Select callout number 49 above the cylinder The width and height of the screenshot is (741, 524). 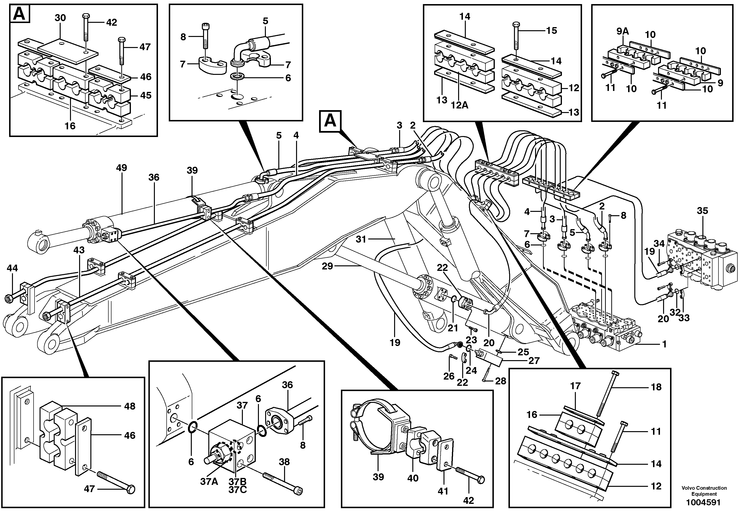122,168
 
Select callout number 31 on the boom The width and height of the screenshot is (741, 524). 361,239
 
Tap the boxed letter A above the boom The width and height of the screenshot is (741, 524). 330,121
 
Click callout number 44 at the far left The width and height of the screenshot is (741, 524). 12,268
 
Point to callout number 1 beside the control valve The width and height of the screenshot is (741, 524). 664,344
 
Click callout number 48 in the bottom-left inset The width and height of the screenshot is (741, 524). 130,406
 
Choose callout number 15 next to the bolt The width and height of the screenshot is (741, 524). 552,30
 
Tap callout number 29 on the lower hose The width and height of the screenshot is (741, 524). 327,266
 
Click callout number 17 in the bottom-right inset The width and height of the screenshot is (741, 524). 575,386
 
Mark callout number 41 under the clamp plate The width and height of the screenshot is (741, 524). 443,491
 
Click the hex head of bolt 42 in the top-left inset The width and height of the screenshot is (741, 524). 86,16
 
